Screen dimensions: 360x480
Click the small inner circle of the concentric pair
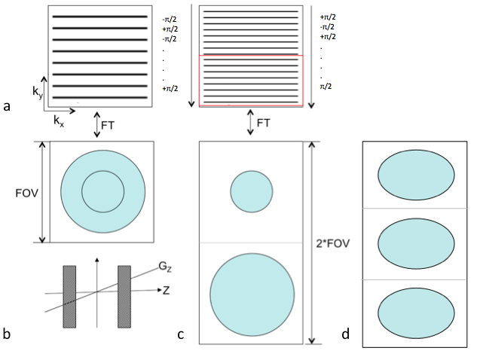pyautogui.click(x=102, y=191)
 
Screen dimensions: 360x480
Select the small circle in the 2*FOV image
pyautogui.click(x=251, y=191)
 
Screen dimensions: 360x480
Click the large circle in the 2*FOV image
pyautogui.click(x=251, y=294)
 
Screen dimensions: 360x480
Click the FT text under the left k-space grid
pyautogui.click(x=115, y=123)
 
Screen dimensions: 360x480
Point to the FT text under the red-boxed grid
pyautogui.click(x=264, y=122)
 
